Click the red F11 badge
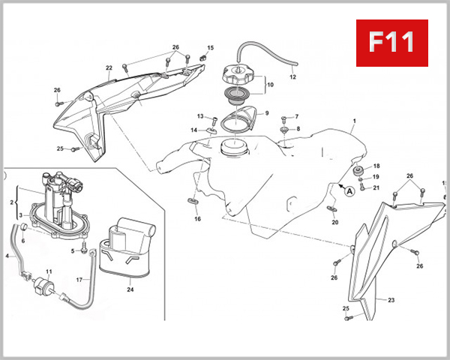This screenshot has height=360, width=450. tap(392, 42)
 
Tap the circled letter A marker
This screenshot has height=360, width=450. tap(349, 190)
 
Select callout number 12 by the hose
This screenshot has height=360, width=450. tap(292, 77)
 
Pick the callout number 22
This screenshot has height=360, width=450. tap(109, 68)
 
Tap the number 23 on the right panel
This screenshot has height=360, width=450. tap(390, 300)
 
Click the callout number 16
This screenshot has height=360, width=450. tap(198, 219)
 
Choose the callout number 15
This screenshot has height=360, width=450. tap(210, 48)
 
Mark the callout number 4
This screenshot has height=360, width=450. tap(7, 256)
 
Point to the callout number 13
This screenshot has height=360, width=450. tap(200, 116)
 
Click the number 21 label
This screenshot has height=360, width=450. tap(376, 187)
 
